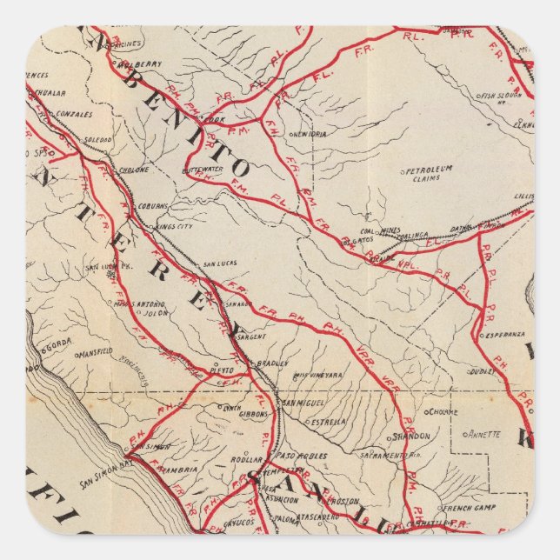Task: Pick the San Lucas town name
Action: coord(219,263)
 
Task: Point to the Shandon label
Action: coord(410,436)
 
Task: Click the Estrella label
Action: coord(329,422)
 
